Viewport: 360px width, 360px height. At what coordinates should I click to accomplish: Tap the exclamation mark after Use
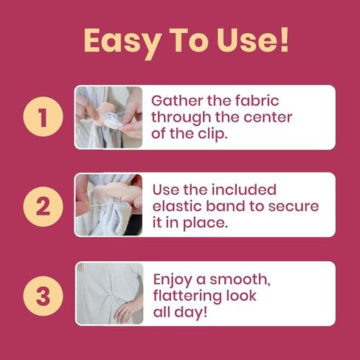(284, 39)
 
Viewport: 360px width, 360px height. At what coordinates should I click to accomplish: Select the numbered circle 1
(43, 117)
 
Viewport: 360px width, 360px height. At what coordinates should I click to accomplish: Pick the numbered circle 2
(43, 206)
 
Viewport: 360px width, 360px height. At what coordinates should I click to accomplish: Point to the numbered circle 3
(43, 296)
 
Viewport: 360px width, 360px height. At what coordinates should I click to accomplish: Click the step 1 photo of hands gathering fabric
(108, 117)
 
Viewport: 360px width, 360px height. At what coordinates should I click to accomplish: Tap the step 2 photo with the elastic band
(108, 204)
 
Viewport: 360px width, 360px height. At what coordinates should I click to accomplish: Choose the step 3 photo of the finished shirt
(110, 294)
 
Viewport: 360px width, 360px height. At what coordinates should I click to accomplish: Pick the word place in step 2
(204, 224)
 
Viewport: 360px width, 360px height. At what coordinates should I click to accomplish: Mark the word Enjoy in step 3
(173, 280)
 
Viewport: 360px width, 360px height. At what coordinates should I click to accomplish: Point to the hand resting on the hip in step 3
(128, 311)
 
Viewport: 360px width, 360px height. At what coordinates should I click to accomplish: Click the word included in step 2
(243, 190)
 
